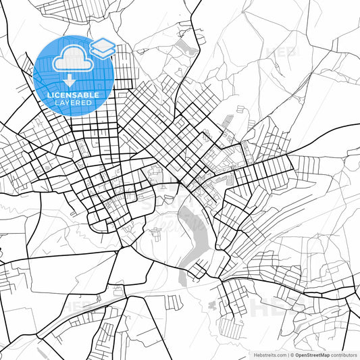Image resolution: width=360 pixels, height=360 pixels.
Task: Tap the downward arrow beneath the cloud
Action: point(71,81)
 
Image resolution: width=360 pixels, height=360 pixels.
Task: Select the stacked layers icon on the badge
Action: point(103,48)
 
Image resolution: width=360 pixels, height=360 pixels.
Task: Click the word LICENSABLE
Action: point(72,95)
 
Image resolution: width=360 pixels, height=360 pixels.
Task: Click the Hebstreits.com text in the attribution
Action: point(268,354)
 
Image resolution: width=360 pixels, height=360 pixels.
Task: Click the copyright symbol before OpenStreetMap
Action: point(292,354)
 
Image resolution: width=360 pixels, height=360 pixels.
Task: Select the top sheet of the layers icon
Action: point(103,45)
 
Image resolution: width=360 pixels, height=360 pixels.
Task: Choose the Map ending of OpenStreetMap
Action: point(326,354)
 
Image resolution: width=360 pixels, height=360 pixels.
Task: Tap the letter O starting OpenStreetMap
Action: point(298,354)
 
